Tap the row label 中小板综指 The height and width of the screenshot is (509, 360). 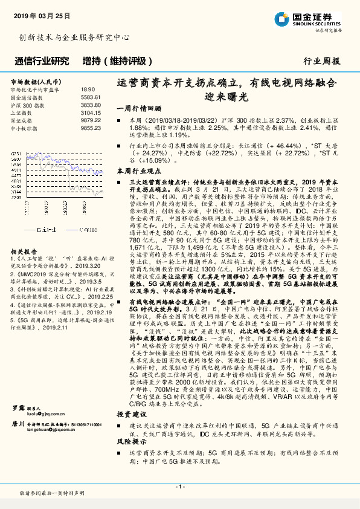(24, 128)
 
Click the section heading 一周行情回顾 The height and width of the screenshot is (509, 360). (140, 109)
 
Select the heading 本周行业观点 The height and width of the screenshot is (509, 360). (140, 172)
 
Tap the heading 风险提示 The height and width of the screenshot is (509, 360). (132, 442)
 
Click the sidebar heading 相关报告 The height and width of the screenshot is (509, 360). (24, 235)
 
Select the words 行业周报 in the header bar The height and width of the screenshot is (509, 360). (321, 61)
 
